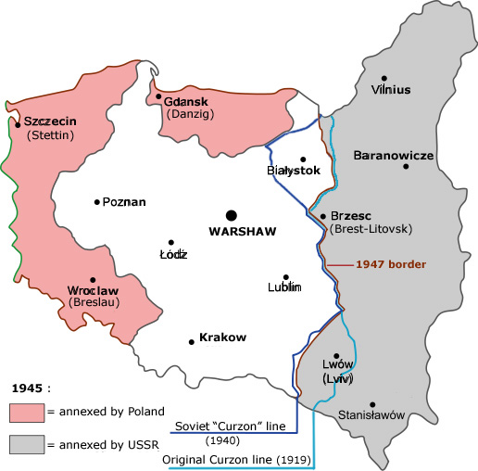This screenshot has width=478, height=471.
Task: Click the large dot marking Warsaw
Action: pos(231,214)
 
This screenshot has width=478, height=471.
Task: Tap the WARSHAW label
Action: pos(243,231)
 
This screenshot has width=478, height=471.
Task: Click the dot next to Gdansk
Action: pos(158,95)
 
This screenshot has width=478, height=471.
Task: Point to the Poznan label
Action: pos(124,201)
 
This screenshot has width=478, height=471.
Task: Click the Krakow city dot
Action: pos(191,340)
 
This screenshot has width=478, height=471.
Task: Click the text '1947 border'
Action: pos(393,264)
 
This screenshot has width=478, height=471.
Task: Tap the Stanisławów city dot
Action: pos(372,404)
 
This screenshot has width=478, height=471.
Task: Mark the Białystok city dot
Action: pos(301,159)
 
